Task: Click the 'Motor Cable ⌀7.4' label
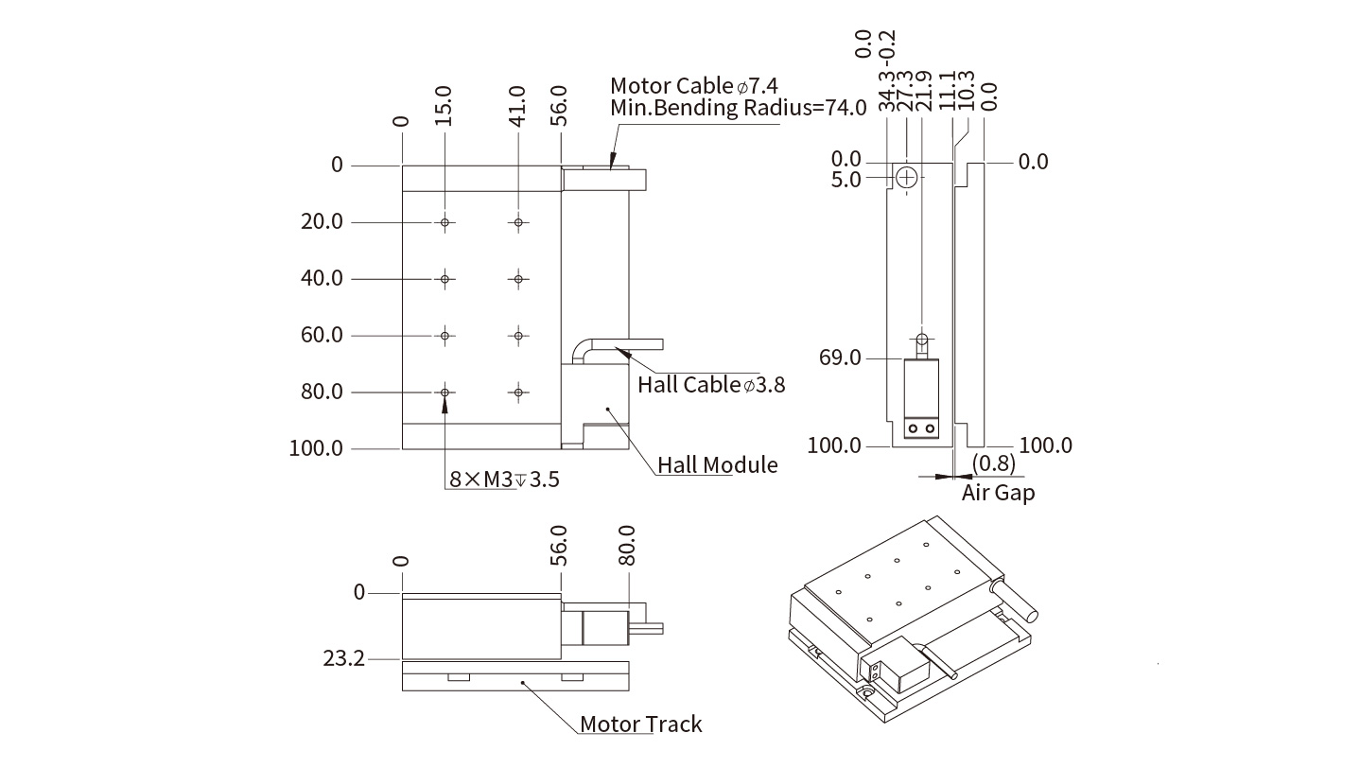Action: click(699, 85)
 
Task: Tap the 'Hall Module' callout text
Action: click(718, 464)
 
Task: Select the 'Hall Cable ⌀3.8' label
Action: click(710, 384)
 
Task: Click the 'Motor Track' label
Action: click(640, 724)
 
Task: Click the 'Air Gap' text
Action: click(998, 492)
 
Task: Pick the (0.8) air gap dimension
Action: click(994, 463)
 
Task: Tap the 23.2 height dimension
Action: click(343, 658)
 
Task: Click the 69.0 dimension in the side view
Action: click(842, 358)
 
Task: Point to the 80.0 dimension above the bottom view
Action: click(627, 546)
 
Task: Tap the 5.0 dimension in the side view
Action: click(846, 179)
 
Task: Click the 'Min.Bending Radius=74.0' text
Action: click(738, 108)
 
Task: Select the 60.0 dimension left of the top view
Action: click(322, 335)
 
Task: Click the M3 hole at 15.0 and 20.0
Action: click(445, 222)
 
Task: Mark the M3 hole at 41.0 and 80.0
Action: click(518, 392)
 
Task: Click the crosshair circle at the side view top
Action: click(907, 177)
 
